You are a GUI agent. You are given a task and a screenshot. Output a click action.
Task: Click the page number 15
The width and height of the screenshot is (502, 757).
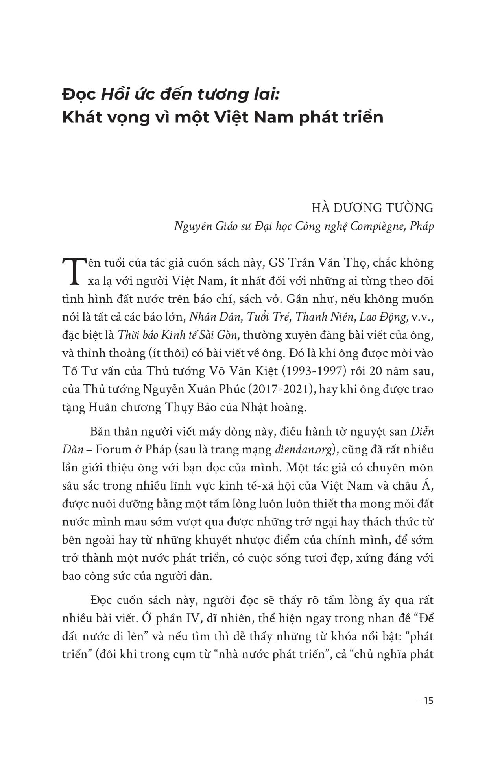pos(428,701)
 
